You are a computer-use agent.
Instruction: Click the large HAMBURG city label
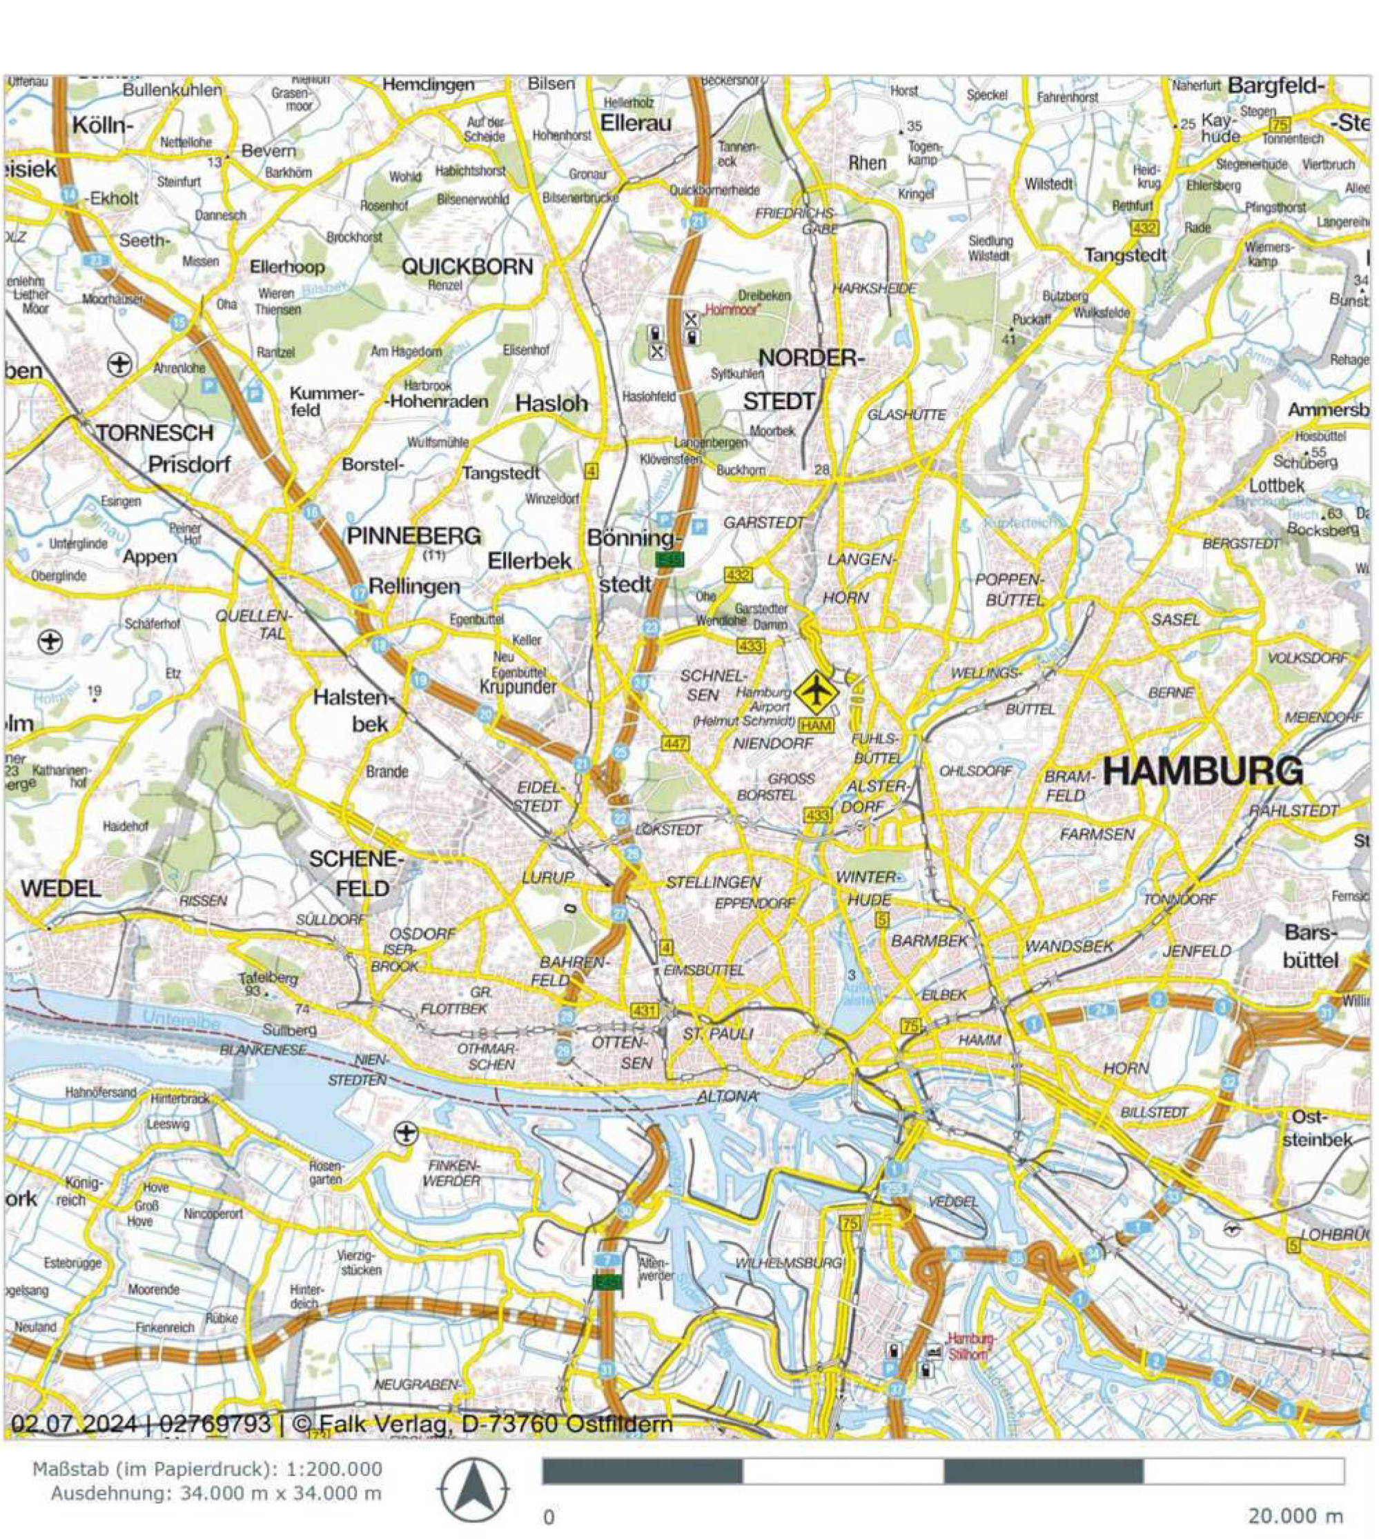point(1202,771)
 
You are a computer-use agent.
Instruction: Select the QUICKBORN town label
point(467,266)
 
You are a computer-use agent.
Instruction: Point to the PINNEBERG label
point(413,536)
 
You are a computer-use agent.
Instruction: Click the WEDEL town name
point(61,888)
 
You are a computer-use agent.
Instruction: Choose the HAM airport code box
point(816,726)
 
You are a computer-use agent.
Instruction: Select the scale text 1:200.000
point(333,1469)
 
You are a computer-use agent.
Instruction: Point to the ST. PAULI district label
point(717,1035)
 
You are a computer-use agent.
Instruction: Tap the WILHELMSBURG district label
point(788,1262)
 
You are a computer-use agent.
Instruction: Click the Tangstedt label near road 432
point(1124,255)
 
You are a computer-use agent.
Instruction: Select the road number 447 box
point(675,744)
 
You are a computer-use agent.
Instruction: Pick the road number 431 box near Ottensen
point(643,1011)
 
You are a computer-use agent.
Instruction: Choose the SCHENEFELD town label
point(356,873)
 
